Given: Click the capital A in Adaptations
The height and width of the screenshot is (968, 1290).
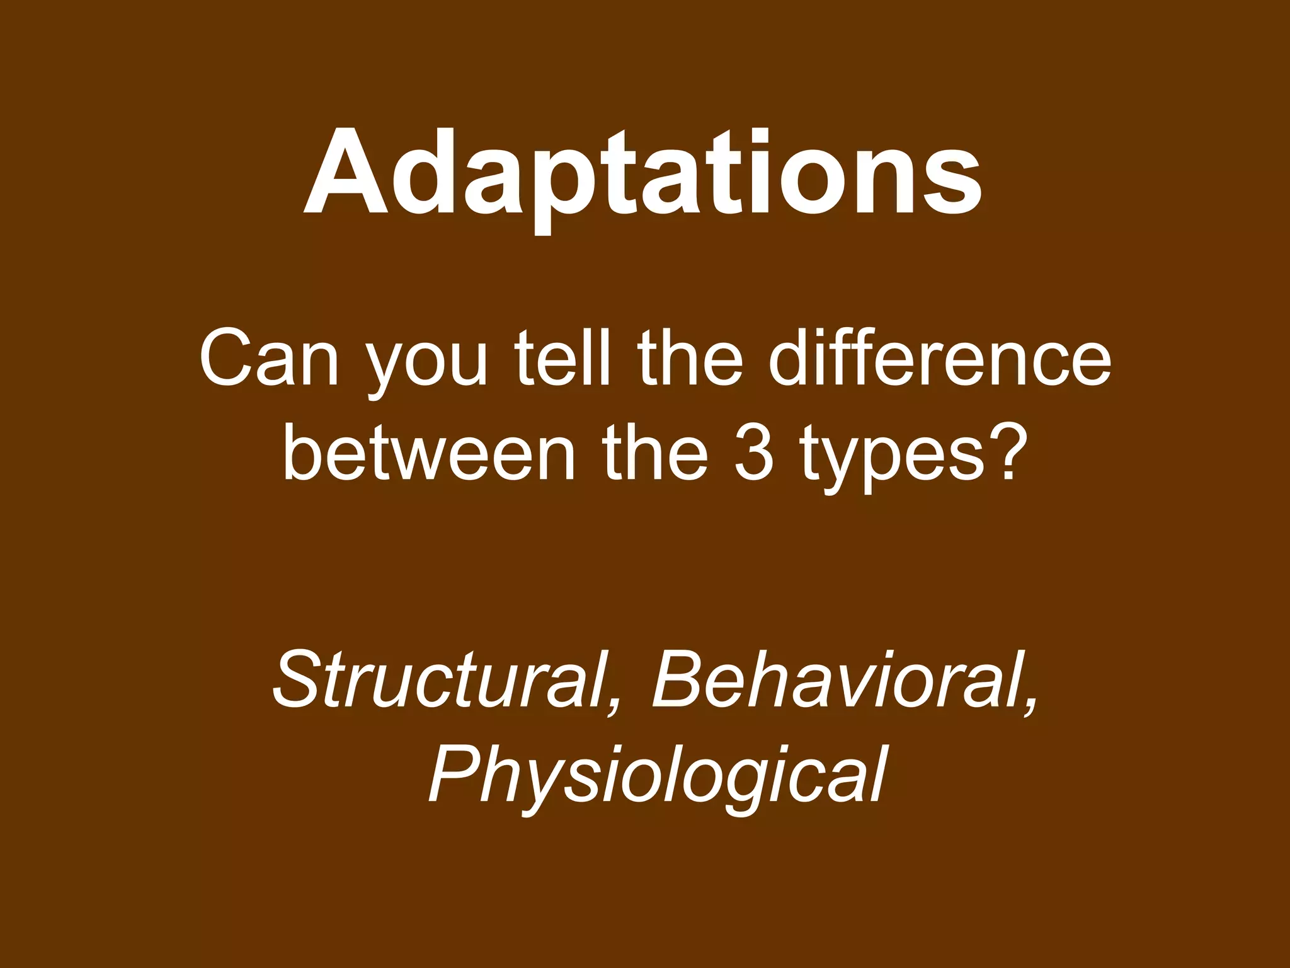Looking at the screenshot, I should click(x=345, y=173).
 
